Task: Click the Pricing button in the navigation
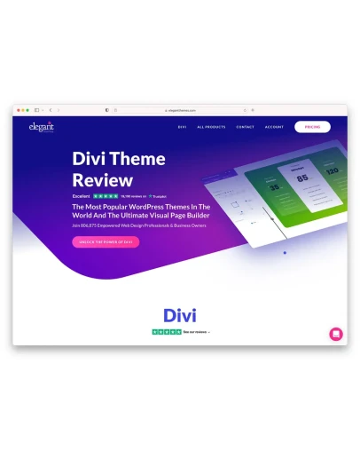pos(312,127)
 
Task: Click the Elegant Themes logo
pos(42,127)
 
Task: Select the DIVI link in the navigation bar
pos(182,127)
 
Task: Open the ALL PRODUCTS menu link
pos(211,127)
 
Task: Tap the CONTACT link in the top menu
pos(245,127)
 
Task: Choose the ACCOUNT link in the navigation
pos(274,127)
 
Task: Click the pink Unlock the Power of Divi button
pos(106,241)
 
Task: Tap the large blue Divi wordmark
pos(180,314)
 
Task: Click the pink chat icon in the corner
pos(336,334)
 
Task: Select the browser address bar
pos(180,110)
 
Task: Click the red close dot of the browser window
pos(17,110)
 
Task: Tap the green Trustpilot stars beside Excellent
pos(106,195)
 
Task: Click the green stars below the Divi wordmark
pos(167,331)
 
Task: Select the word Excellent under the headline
pos(82,195)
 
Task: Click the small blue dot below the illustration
pos(284,253)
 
